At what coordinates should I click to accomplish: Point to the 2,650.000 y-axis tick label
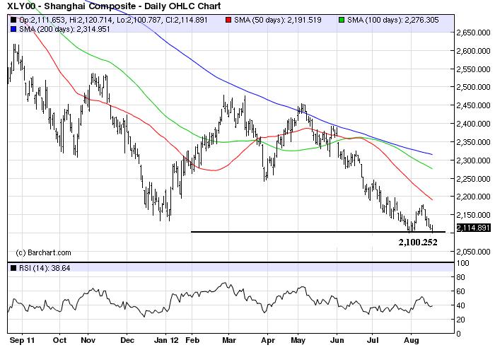click(471, 33)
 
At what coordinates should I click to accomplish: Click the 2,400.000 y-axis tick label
click(471, 124)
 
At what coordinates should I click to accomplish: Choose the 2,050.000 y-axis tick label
click(471, 252)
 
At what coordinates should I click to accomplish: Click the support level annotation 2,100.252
click(418, 242)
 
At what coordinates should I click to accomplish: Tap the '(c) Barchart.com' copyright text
click(43, 252)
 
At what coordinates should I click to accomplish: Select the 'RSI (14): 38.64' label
click(41, 269)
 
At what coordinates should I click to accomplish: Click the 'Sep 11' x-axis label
click(21, 339)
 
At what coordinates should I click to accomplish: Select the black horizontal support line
click(311, 231)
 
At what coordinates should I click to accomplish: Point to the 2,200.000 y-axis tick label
click(471, 197)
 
